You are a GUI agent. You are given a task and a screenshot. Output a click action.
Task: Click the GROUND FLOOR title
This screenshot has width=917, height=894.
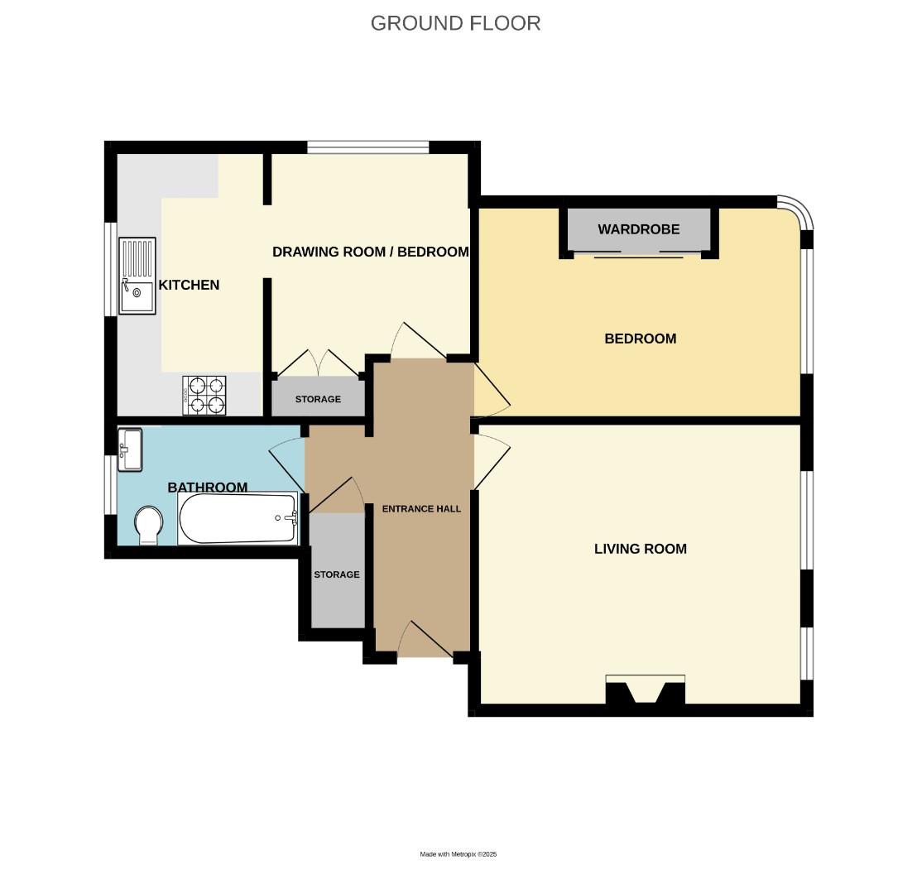(x=455, y=23)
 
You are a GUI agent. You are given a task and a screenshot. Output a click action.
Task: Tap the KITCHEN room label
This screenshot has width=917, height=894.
(x=189, y=285)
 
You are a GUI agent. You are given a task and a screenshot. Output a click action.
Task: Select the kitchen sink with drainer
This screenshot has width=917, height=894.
(x=137, y=276)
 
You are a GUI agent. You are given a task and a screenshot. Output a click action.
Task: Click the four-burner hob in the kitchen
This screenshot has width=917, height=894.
(x=204, y=395)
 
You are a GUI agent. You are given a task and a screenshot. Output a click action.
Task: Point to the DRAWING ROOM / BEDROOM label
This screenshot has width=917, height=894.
(x=370, y=252)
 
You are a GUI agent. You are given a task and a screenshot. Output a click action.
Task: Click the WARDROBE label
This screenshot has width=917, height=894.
(x=638, y=229)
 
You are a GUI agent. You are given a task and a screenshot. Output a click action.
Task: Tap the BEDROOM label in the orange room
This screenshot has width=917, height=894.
(x=640, y=339)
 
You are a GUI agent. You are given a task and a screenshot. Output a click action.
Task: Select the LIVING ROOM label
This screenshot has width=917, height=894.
(x=640, y=549)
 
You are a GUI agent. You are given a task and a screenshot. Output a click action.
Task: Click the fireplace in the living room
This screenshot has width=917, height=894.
(x=645, y=690)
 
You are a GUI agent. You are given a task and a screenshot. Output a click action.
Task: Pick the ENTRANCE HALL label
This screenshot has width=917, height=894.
(x=421, y=509)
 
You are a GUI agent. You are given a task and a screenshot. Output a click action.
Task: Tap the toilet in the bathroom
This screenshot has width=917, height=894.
(x=148, y=526)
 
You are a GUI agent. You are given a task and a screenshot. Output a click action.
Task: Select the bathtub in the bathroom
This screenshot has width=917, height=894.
(x=238, y=519)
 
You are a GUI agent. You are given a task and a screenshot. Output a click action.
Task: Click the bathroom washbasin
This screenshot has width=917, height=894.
(x=130, y=449)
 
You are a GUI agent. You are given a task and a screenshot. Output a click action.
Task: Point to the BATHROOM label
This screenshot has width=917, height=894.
(x=207, y=488)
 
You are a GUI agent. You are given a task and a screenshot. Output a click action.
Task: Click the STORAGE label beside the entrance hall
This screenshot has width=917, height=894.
(x=336, y=574)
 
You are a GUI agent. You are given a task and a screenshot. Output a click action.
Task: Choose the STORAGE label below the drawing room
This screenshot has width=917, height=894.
(x=318, y=399)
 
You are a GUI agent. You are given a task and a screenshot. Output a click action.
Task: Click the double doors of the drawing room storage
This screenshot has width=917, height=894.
(x=319, y=364)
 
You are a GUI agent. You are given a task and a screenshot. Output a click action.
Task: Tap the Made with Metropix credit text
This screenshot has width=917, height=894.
(x=458, y=854)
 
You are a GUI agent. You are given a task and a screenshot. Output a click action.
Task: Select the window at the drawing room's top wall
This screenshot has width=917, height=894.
(x=367, y=147)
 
